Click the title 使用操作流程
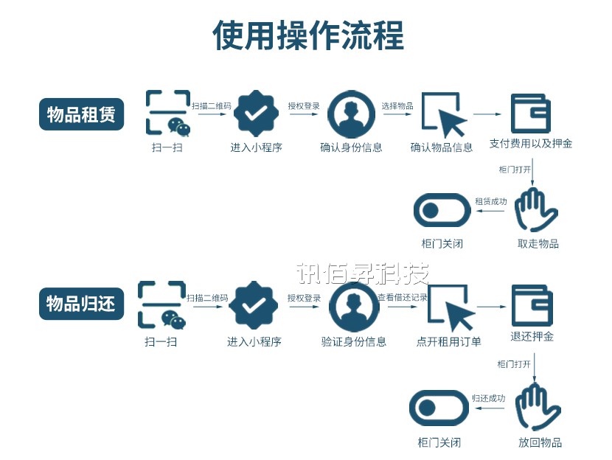[x=308, y=35]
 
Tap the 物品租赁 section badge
[x=81, y=115]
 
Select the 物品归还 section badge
[x=81, y=303]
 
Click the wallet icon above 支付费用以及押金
[x=531, y=113]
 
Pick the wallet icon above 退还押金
[x=532, y=305]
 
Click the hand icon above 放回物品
[x=538, y=407]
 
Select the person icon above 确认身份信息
[x=351, y=114]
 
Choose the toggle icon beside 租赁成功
[x=442, y=212]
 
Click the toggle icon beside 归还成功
[x=439, y=408]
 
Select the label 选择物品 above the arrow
[x=397, y=106]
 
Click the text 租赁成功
[x=490, y=201]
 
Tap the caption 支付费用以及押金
[x=531, y=144]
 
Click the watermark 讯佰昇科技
[x=362, y=274]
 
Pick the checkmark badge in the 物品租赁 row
[x=256, y=114]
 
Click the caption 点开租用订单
[x=449, y=341]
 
